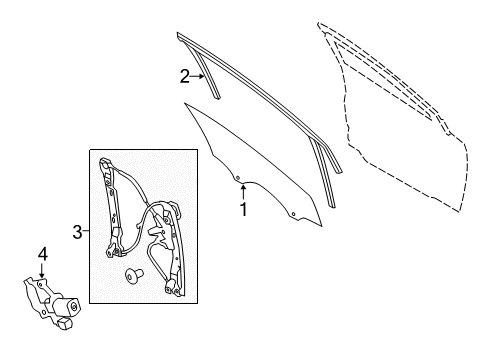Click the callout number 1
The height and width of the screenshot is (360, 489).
[244, 209]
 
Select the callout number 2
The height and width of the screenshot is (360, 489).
[185, 76]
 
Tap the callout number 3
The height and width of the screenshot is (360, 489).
[77, 232]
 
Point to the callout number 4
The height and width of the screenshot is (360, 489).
[42, 254]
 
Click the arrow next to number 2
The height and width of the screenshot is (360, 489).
[197, 76]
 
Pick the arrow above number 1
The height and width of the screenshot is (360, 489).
[244, 193]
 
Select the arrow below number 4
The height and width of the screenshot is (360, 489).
[42, 270]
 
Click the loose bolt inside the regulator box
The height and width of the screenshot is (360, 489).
[134, 276]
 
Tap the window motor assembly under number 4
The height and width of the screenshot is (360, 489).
[52, 303]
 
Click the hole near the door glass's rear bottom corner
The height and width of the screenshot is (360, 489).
[293, 214]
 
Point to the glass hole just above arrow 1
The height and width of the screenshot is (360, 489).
[238, 178]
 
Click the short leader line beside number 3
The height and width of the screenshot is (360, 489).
[86, 231]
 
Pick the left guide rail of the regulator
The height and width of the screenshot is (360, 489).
[112, 208]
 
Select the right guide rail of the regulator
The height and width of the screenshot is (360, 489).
[172, 247]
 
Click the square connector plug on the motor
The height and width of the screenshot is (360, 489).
[64, 323]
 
